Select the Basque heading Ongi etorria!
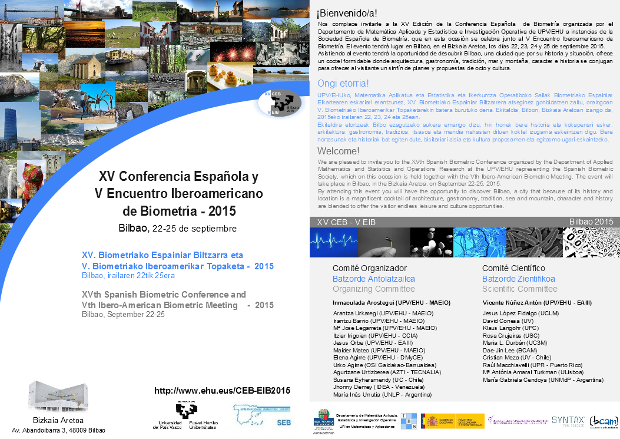[343, 83]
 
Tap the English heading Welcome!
[338, 151]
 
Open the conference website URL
[222, 391]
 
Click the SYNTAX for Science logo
[568, 420]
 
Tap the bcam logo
[604, 420]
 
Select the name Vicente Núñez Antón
[537, 302]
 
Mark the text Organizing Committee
[374, 289]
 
